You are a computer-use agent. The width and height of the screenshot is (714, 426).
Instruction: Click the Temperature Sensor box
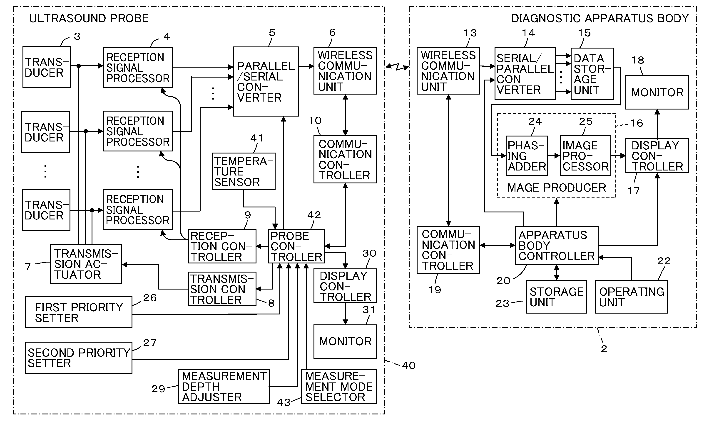point(244,171)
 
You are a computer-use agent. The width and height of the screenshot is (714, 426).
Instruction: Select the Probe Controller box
point(296,246)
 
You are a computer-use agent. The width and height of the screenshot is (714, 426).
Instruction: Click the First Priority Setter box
point(79,312)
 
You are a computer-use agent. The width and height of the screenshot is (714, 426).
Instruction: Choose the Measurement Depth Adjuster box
point(224,386)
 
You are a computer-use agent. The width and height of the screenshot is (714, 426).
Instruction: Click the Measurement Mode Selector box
point(339,386)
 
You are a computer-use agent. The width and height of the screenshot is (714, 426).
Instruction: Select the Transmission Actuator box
point(86,264)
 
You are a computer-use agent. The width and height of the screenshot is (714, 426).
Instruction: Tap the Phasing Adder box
point(527,156)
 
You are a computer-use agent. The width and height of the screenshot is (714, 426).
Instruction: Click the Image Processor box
point(585,156)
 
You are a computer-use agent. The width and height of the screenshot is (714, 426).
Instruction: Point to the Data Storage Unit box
point(592,74)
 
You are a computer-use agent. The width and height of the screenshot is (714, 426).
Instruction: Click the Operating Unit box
point(632,297)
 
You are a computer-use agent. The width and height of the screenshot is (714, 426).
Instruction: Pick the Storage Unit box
point(556,297)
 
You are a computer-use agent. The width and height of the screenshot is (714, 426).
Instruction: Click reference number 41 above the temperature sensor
point(256,138)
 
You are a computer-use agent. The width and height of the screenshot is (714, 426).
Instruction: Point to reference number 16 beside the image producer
point(636,123)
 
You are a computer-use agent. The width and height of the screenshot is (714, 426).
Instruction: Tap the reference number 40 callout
point(409,365)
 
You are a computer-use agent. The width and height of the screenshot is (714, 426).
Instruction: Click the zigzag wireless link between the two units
point(397,67)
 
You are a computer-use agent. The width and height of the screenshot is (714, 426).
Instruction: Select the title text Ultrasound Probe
point(89,18)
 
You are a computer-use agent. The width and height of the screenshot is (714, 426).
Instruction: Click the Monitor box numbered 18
point(657,92)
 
